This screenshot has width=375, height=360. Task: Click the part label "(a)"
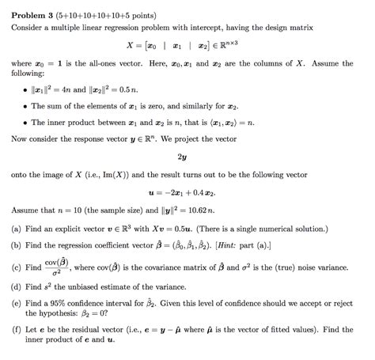point(17,227)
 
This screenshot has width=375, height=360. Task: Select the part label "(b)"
point(17,245)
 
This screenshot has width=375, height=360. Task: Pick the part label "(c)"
point(17,269)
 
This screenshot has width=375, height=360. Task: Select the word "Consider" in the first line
point(29,27)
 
